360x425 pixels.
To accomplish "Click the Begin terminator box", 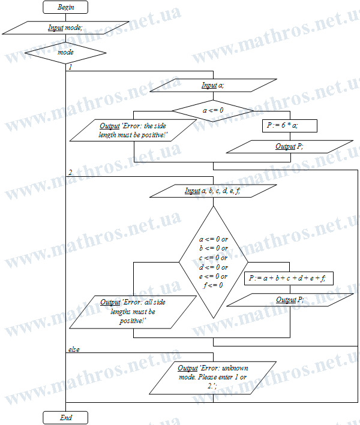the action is (x=65, y=7).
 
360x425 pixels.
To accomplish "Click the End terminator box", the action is (x=65, y=418).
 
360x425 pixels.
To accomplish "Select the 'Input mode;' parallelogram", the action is (x=65, y=28).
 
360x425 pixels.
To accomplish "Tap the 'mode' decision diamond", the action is (x=65, y=53).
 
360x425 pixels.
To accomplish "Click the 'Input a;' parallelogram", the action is (x=213, y=85).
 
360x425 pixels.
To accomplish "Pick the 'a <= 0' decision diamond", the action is (x=213, y=110).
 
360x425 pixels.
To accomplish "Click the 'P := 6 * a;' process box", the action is (x=289, y=126).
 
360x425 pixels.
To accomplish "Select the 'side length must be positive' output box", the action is (x=133, y=130).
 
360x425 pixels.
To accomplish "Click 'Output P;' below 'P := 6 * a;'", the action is (x=289, y=147).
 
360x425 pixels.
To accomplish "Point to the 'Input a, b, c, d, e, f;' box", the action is (x=213, y=191).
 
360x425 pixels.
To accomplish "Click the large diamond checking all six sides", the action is (x=213, y=262).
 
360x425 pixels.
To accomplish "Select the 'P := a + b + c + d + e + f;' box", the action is (x=289, y=278).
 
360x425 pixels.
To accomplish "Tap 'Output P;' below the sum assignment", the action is (x=290, y=300).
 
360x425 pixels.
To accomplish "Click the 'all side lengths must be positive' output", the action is (x=133, y=312).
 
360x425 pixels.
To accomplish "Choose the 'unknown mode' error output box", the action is (x=212, y=378).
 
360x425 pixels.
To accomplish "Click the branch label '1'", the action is (x=70, y=67).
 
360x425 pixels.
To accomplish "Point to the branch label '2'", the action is (x=70, y=173).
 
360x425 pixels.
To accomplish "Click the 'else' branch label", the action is (x=74, y=349).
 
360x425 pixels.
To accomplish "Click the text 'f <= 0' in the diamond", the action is (x=213, y=285).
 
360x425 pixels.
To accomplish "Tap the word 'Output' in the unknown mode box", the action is (x=187, y=368).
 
